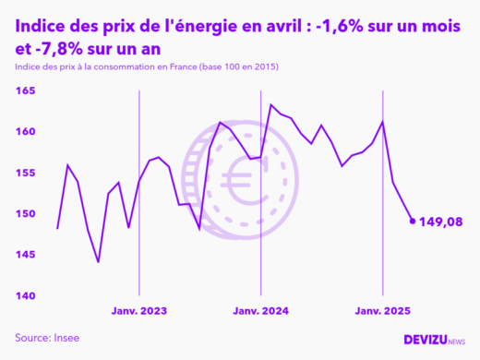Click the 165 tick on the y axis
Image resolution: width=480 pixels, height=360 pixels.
coord(25,91)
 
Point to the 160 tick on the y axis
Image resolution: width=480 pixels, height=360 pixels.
coord(25,132)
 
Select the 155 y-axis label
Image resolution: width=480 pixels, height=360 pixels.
coord(25,173)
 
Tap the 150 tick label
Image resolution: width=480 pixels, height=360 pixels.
coord(25,214)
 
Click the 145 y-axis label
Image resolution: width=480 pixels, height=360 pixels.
coord(25,255)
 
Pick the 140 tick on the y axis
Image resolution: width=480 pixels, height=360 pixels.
coord(25,295)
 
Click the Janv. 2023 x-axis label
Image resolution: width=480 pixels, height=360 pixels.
coord(138,312)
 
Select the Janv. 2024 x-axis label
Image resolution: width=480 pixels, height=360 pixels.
coord(260,312)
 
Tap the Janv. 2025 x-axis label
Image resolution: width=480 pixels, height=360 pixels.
coord(382,312)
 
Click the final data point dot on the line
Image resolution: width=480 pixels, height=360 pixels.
coord(412,222)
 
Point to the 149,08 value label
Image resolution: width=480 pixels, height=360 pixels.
coord(440,222)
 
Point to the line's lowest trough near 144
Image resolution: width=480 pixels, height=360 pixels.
coord(98,262)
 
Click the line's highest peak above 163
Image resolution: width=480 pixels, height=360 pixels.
coord(270,105)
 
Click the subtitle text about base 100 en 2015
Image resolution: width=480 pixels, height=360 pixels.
coord(148,68)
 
